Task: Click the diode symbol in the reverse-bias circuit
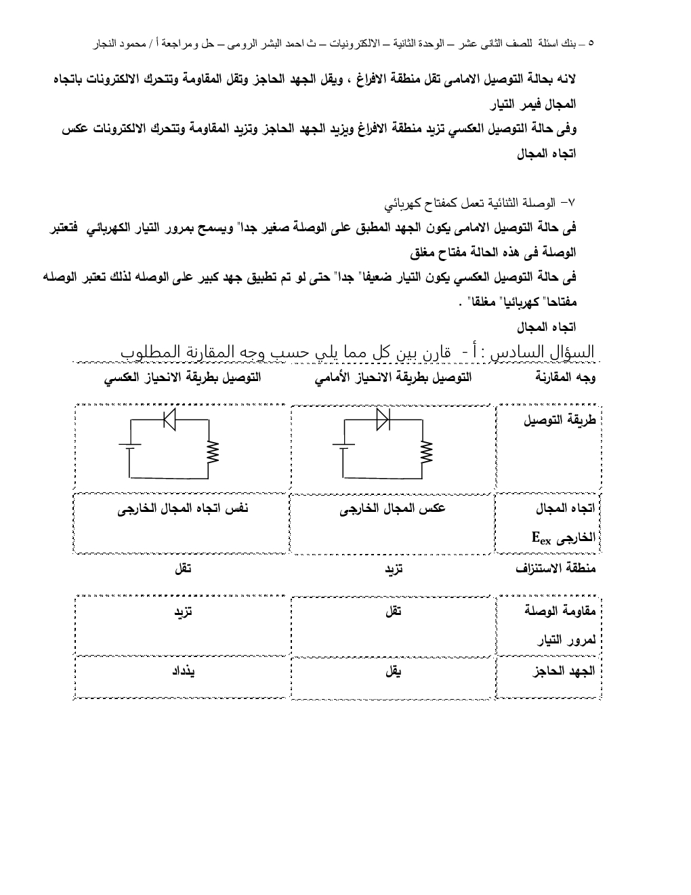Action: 170,420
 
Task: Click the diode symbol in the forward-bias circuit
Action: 383,420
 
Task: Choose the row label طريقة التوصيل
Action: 559,421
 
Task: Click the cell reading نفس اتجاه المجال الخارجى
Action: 183,509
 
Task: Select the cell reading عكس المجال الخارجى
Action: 393,509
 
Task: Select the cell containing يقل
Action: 393,671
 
